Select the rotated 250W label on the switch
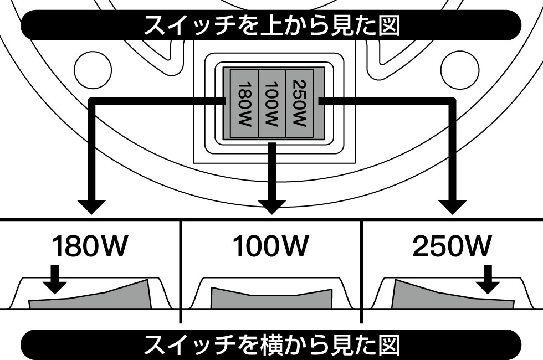tap(299, 104)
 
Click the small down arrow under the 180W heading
tap(54, 280)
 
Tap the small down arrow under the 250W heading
tap(488, 280)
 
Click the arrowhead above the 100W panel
tap(271, 206)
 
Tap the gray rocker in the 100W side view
tap(271, 299)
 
